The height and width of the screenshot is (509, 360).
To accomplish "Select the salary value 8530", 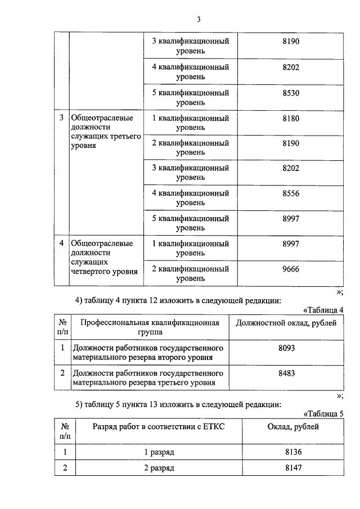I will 291,91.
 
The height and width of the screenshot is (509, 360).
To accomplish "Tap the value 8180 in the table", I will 291,119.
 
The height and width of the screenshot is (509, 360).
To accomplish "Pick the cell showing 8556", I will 291,193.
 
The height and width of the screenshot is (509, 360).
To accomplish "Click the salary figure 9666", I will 291,268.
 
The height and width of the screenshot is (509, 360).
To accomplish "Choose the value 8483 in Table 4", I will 287,373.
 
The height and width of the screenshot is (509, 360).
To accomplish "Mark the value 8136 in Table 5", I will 294,452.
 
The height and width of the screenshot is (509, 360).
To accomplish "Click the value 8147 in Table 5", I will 294,468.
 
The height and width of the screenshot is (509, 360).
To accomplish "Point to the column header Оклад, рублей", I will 294,427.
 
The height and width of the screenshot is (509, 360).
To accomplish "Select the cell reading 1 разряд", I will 159,452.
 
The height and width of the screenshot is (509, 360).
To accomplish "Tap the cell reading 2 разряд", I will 159,468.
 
